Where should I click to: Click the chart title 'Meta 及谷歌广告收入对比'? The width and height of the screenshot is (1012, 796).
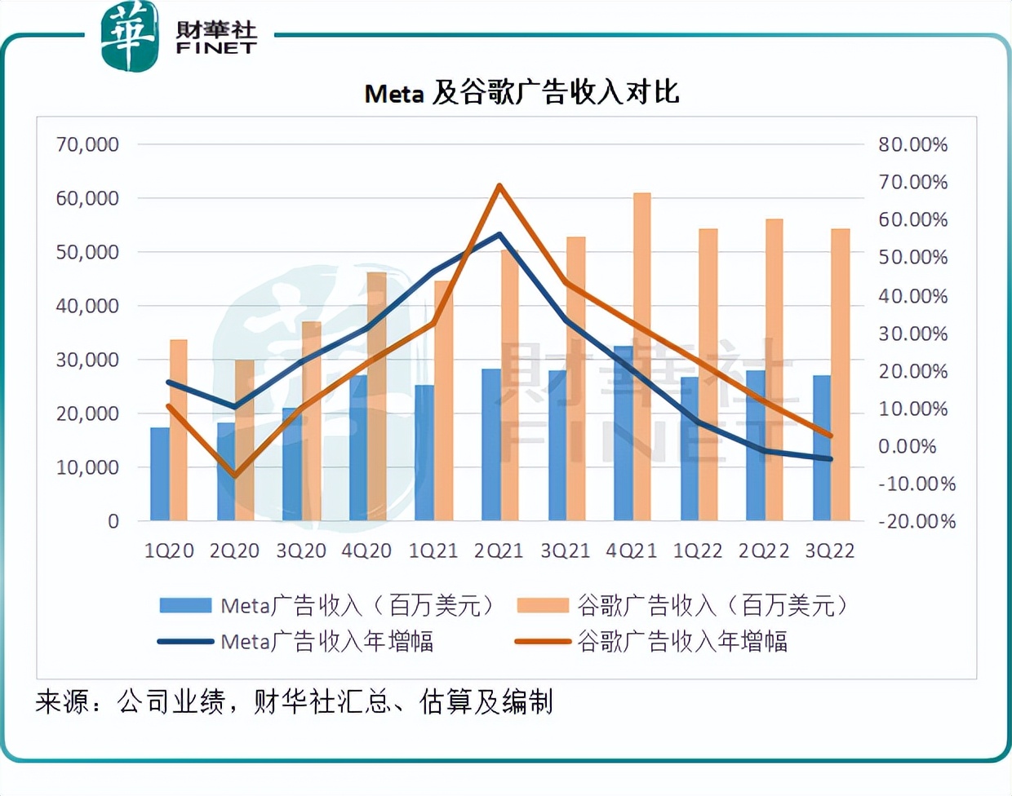pyautogui.click(x=522, y=93)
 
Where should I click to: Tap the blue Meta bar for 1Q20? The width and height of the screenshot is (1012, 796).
pyautogui.click(x=160, y=474)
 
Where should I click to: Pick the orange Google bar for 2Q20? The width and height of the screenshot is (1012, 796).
pyautogui.click(x=245, y=440)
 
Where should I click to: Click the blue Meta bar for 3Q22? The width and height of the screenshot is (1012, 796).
pyautogui.click(x=822, y=448)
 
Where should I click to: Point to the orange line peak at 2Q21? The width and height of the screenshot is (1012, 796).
pyautogui.click(x=499, y=186)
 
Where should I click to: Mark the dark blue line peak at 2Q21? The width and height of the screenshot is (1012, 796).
pyautogui.click(x=499, y=234)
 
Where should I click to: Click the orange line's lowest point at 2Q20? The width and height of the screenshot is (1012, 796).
pyautogui.click(x=235, y=475)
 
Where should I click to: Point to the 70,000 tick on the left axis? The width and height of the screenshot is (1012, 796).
pyautogui.click(x=87, y=144)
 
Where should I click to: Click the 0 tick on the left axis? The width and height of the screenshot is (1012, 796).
pyautogui.click(x=113, y=521)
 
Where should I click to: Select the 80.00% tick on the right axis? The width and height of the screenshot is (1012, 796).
pyautogui.click(x=912, y=144)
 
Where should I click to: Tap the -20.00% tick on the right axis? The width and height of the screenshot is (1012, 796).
pyautogui.click(x=917, y=521)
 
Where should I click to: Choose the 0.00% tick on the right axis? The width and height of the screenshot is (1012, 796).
pyautogui.click(x=907, y=446)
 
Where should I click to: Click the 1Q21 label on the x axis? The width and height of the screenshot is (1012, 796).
pyautogui.click(x=433, y=551)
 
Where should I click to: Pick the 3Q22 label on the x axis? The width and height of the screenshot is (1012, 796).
pyautogui.click(x=829, y=551)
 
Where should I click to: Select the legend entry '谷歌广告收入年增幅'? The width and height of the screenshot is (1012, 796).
pyautogui.click(x=682, y=642)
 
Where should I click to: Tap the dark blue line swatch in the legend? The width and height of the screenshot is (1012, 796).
pyautogui.click(x=186, y=642)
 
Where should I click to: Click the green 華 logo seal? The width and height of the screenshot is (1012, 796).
pyautogui.click(x=129, y=36)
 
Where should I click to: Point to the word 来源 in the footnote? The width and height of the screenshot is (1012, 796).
pyautogui.click(x=62, y=701)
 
